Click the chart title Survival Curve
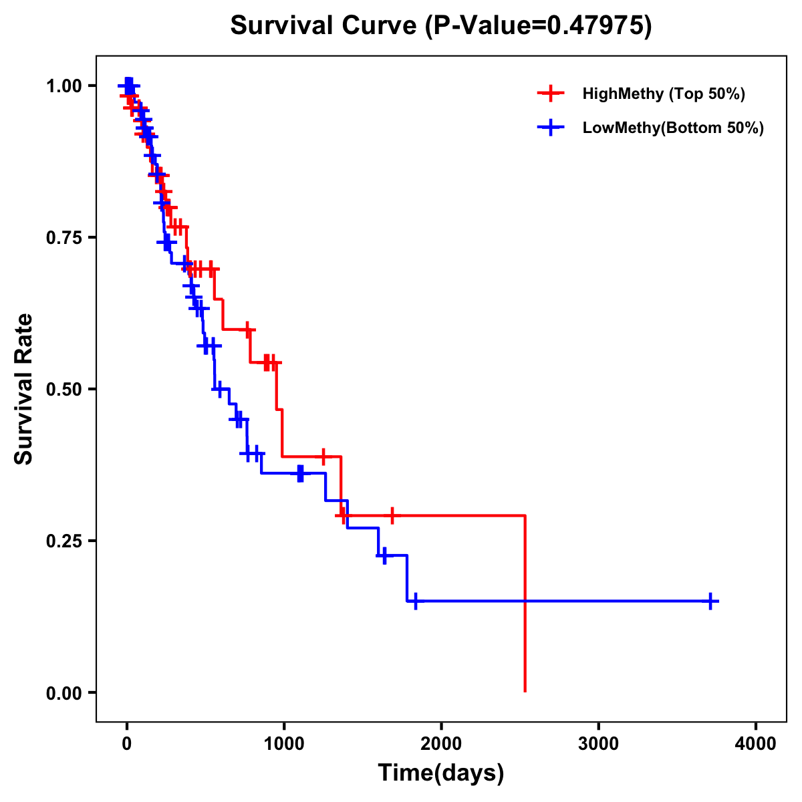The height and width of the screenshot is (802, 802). pyautogui.click(x=324, y=25)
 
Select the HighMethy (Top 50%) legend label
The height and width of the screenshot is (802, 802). pyautogui.click(x=663, y=94)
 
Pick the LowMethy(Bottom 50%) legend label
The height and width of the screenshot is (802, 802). pyautogui.click(x=673, y=128)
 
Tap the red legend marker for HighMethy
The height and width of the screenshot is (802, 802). pyautogui.click(x=550, y=94)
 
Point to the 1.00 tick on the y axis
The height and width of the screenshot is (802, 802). pyautogui.click(x=65, y=86)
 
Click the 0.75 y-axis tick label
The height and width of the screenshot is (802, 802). pyautogui.click(x=65, y=237)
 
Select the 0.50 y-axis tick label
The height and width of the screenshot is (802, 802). pyautogui.click(x=65, y=389)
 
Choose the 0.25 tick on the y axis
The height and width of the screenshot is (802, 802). pyautogui.click(x=65, y=541)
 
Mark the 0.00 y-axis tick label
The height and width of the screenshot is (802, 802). pyautogui.click(x=65, y=692)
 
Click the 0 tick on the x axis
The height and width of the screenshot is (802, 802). pyautogui.click(x=126, y=744)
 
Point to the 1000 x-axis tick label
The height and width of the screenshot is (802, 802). pyautogui.click(x=283, y=744)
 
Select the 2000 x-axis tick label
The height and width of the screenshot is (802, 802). pyautogui.click(x=441, y=744)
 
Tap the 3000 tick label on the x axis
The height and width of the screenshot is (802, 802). pyautogui.click(x=598, y=744)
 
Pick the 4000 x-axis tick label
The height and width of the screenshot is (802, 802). pyautogui.click(x=756, y=744)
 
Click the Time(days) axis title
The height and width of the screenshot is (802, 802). pyautogui.click(x=441, y=773)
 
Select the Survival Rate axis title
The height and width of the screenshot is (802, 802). pyautogui.click(x=25, y=389)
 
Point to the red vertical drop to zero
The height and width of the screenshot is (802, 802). pyautogui.click(x=525, y=635)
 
